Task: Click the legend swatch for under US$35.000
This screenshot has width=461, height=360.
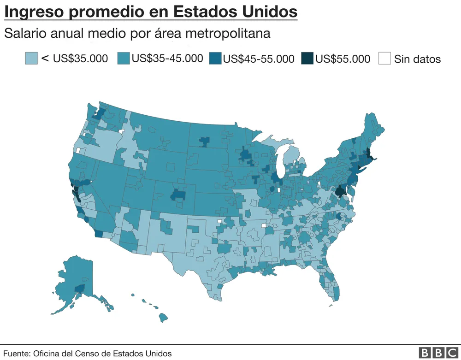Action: pos(31,59)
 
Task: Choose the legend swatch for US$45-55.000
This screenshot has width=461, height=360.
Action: pos(215,59)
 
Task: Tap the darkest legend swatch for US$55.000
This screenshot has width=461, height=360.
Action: pos(307,59)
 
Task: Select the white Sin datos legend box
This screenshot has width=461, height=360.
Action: pos(384,59)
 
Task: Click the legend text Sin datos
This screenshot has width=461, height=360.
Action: pos(417,59)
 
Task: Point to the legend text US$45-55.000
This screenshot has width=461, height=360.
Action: pos(259,59)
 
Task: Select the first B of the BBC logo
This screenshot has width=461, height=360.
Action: pos(425,353)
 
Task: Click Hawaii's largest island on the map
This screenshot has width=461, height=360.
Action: pos(163,318)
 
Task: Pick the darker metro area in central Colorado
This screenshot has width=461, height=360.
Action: pos(178,195)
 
